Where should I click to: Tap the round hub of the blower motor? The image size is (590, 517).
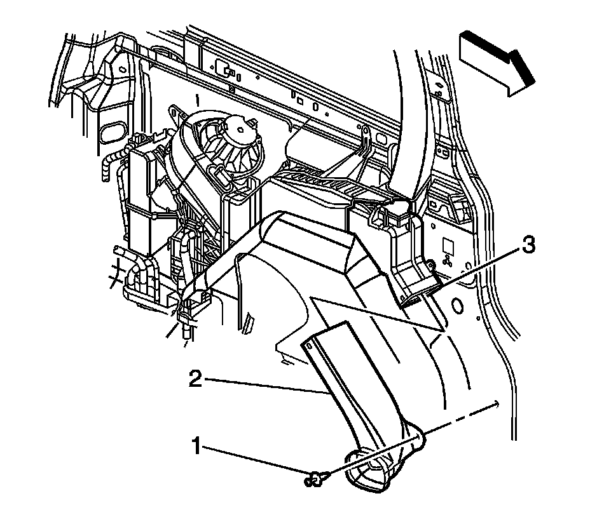(240, 128)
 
